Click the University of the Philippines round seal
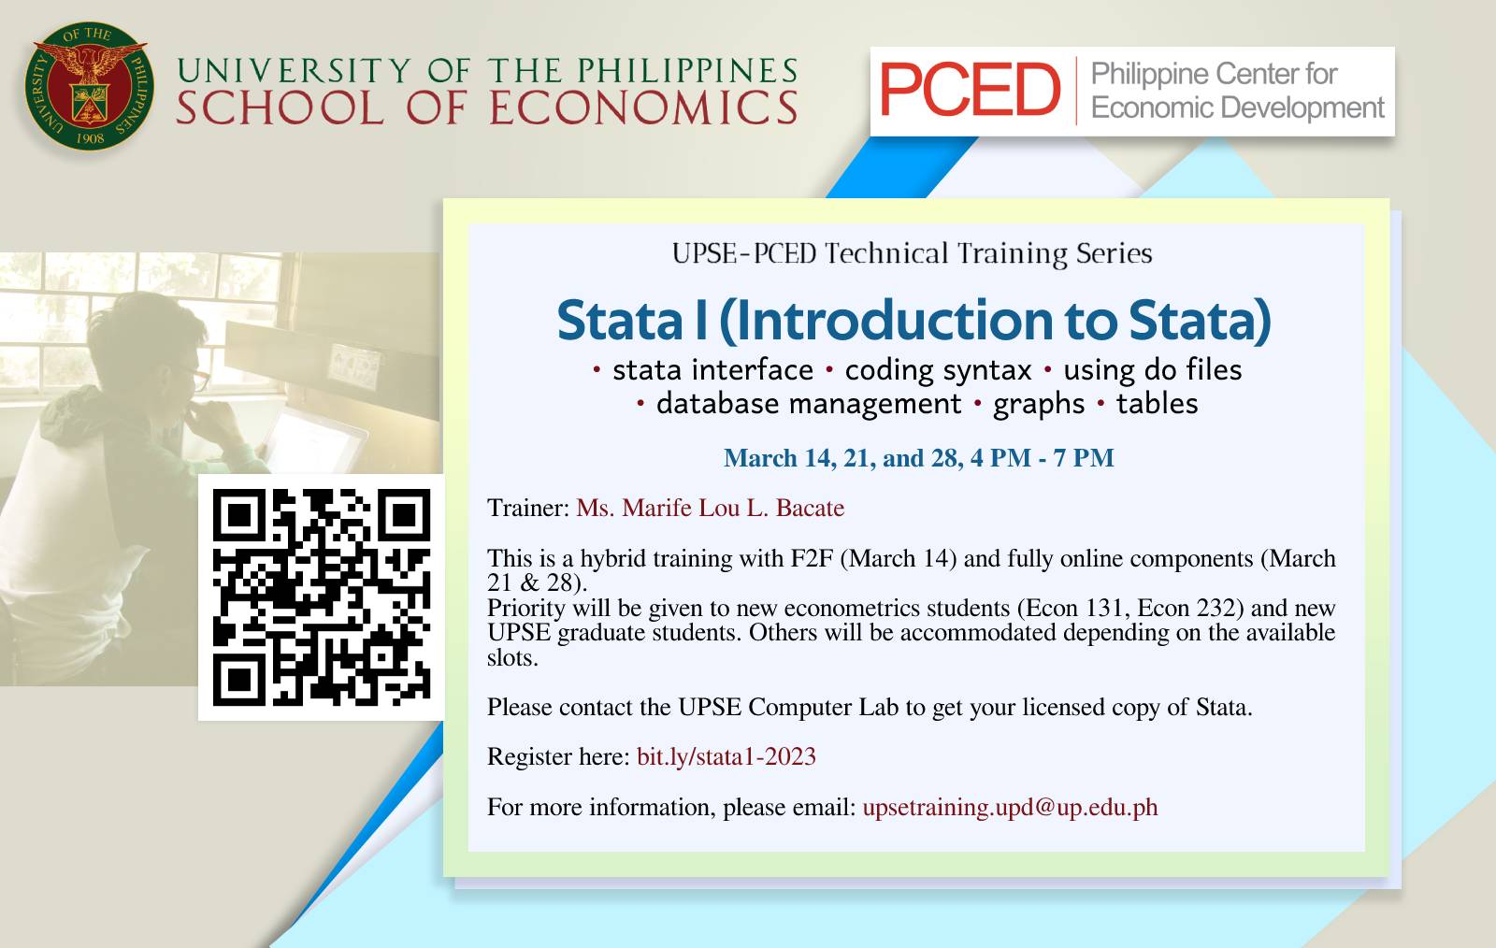90,86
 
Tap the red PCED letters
970,90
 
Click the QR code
322,597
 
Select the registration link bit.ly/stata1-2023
726,756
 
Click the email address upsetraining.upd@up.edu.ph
1010,807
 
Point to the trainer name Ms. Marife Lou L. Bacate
710,508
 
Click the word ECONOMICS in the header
644,108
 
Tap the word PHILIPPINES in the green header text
688,70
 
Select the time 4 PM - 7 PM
1042,458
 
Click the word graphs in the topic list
1039,405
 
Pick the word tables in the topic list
1157,403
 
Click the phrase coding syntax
939,370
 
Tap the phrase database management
809,404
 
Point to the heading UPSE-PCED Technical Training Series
912,253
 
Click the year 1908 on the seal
90,138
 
